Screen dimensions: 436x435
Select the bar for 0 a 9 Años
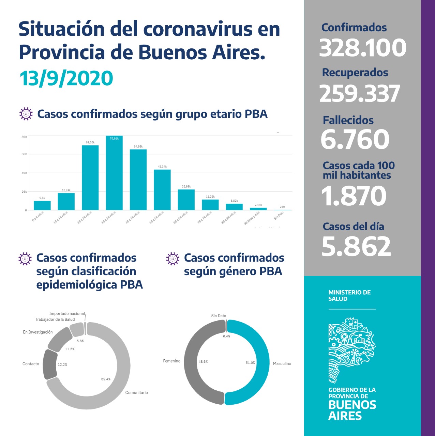42,205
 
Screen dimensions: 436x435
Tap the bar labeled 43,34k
162,190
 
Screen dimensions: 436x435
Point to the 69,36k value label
90,142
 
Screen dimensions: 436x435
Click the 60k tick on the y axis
24,154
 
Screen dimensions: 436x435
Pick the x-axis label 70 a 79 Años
205,217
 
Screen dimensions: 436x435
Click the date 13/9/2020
66,78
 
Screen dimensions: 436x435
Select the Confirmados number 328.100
362,48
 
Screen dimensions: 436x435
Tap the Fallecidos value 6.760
355,139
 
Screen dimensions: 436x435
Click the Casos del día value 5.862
356,246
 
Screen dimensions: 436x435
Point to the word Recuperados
355,73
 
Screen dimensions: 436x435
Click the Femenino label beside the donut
171,361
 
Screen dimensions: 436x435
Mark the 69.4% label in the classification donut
106,379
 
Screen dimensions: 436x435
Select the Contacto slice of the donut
50,364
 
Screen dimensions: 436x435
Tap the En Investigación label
38,332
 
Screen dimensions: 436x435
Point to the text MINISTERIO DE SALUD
349,296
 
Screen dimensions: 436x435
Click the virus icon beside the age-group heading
26,114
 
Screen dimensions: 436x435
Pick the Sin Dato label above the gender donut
219,316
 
